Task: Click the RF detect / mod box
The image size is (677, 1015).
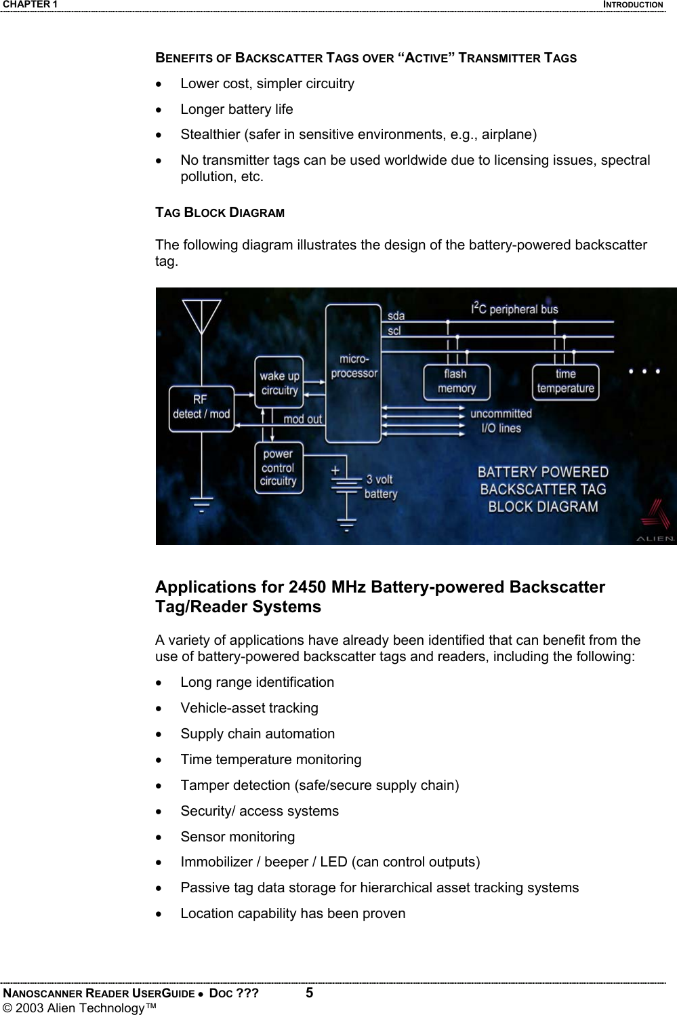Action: click(x=201, y=407)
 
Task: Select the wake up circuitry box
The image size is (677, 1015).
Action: click(x=279, y=383)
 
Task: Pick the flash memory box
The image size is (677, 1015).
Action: click(x=456, y=382)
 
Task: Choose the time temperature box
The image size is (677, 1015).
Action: click(x=565, y=382)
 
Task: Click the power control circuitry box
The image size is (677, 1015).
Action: click(x=278, y=468)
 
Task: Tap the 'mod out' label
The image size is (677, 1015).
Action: click(x=302, y=419)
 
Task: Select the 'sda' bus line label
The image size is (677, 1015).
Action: click(x=396, y=316)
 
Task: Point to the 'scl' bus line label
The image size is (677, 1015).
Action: click(x=394, y=331)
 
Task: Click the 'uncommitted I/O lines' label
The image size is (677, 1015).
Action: click(x=501, y=420)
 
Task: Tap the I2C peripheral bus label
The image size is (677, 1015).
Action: click(x=514, y=309)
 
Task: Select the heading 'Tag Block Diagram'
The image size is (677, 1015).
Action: click(x=220, y=212)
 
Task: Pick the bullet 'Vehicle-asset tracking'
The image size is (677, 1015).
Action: click(x=249, y=708)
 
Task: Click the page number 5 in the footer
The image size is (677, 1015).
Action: click(x=309, y=994)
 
